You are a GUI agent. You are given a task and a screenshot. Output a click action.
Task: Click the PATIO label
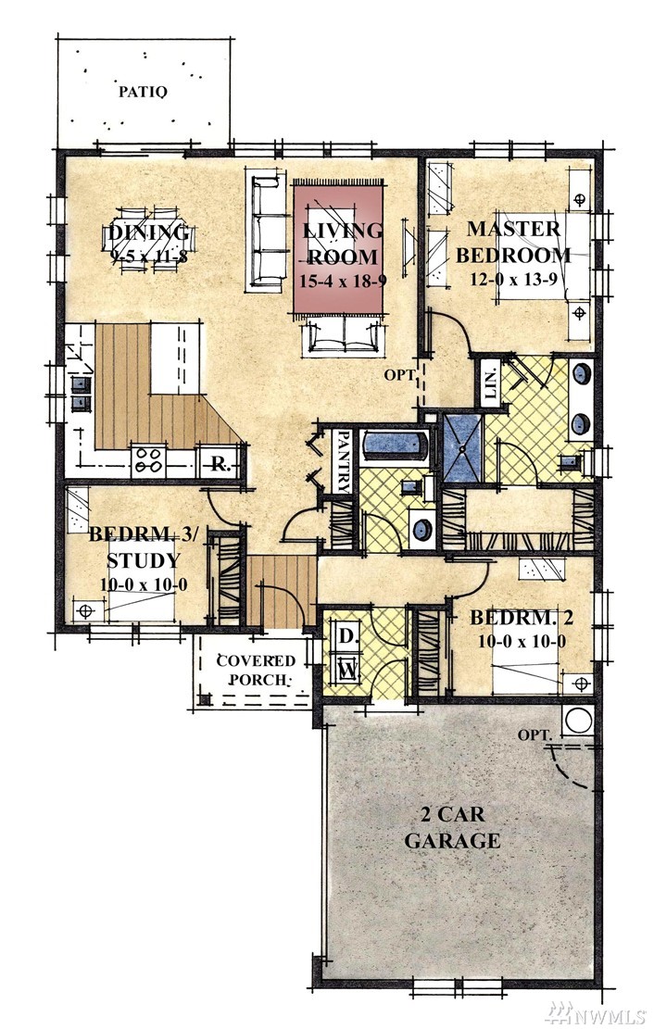pyautogui.click(x=143, y=91)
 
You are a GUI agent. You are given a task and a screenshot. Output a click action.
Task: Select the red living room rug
pyautogui.click(x=338, y=249)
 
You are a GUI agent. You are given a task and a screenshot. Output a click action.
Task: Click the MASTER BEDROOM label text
pyautogui.click(x=513, y=242)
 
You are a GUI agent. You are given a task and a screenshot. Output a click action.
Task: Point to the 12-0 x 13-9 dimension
pyautogui.click(x=513, y=278)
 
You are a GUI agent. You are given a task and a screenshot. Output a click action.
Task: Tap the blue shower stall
pyautogui.click(x=463, y=449)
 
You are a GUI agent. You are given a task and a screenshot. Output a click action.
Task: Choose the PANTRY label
pyautogui.click(x=343, y=460)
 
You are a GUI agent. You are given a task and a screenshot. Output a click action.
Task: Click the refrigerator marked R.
pyautogui.click(x=220, y=465)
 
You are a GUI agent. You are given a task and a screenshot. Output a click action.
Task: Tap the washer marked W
pyautogui.click(x=346, y=670)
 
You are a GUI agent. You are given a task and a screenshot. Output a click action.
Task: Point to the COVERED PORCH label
pyautogui.click(x=256, y=670)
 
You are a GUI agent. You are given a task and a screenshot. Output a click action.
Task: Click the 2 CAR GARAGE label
pyautogui.click(x=452, y=827)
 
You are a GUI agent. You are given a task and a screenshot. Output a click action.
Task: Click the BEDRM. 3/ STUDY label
pyautogui.click(x=144, y=547)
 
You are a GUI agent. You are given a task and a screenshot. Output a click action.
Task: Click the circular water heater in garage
pyautogui.click(x=578, y=720)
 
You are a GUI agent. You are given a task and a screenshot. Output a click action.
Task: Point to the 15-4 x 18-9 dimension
pyautogui.click(x=343, y=282)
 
